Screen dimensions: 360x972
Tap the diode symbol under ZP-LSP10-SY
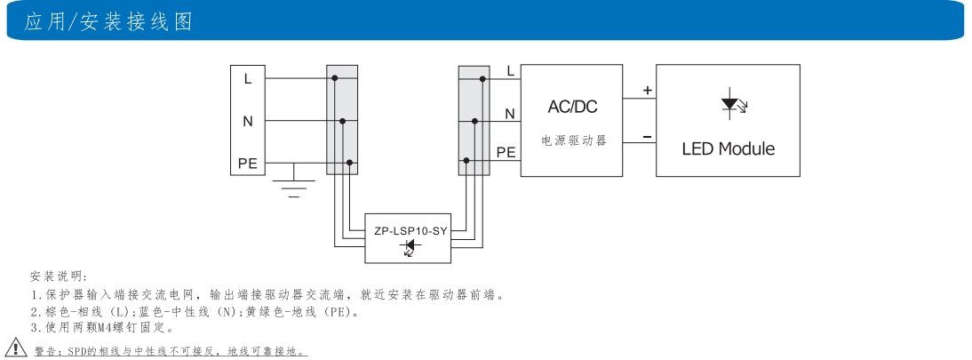tap(410, 246)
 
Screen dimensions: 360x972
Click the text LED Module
tap(728, 148)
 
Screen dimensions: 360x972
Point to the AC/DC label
tap(572, 108)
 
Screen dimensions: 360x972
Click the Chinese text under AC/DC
tap(574, 141)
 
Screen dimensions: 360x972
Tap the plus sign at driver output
tap(647, 90)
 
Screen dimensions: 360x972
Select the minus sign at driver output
tap(647, 136)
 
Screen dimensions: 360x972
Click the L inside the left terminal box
tap(248, 78)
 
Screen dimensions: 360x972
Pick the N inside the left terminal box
tap(248, 121)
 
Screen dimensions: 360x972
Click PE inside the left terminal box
tap(248, 163)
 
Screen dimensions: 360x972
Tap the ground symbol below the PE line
tap(294, 185)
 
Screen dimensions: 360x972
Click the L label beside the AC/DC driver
tap(509, 71)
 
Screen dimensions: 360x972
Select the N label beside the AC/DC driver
tap(509, 114)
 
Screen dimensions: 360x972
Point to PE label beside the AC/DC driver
tap(506, 152)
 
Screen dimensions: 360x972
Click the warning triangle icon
tap(15, 347)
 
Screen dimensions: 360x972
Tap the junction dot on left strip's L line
tap(335, 78)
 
